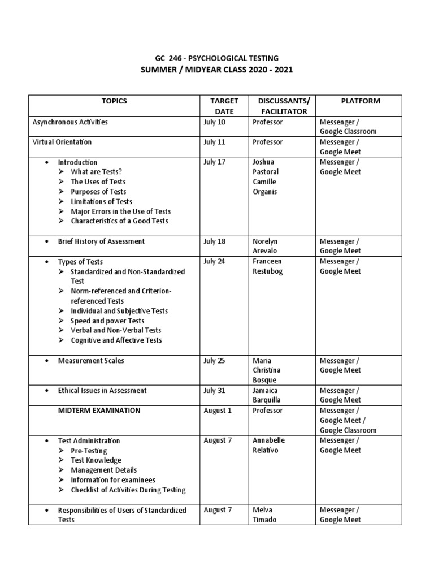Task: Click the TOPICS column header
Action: click(x=114, y=101)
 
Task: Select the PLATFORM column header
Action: click(x=361, y=101)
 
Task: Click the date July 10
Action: click(x=214, y=122)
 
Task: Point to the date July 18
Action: click(x=214, y=241)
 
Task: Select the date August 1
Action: click(x=218, y=411)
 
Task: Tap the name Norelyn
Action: click(x=265, y=241)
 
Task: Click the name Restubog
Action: click(x=267, y=271)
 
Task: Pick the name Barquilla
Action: click(x=266, y=400)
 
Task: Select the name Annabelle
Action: click(x=268, y=440)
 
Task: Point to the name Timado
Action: click(x=264, y=520)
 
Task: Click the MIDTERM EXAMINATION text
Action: click(x=99, y=411)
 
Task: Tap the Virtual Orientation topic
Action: click(x=62, y=142)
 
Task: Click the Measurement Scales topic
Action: click(x=91, y=361)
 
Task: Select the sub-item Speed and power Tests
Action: click(x=107, y=321)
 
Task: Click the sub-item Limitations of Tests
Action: click(x=102, y=201)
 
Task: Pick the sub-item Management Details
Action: click(x=104, y=470)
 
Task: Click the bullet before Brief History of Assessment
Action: click(x=46, y=241)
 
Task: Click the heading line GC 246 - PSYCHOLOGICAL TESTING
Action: click(x=217, y=58)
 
